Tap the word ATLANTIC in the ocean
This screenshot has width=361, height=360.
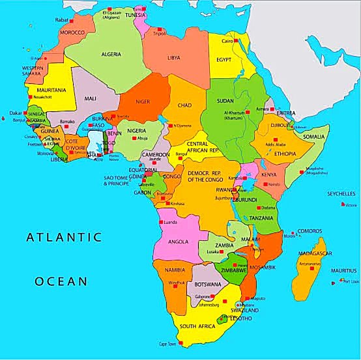click(x=65, y=238)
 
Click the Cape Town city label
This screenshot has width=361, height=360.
click(x=168, y=344)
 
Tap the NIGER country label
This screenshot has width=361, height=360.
click(x=142, y=101)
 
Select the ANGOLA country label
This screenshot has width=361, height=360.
click(x=178, y=242)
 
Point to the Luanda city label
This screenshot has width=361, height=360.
click(x=171, y=222)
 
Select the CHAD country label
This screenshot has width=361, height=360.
click(x=184, y=105)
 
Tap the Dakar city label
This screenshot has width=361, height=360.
click(x=15, y=113)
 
